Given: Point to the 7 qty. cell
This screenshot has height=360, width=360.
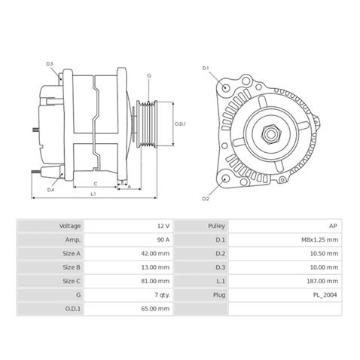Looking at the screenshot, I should [x=160, y=294].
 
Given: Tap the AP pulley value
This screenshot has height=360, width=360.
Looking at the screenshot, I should [x=332, y=226].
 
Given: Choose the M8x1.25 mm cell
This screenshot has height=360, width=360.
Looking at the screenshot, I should [x=320, y=239].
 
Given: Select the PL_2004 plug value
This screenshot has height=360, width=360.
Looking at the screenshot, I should [x=325, y=294].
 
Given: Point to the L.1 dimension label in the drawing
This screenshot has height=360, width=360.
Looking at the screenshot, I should [x=93, y=194].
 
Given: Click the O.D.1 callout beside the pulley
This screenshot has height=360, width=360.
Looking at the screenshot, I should [x=180, y=124].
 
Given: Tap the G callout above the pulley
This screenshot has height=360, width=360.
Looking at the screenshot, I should [x=148, y=76].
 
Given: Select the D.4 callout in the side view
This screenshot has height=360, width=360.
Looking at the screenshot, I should [x=50, y=190].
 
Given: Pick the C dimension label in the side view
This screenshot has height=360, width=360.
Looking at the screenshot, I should [x=95, y=183].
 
